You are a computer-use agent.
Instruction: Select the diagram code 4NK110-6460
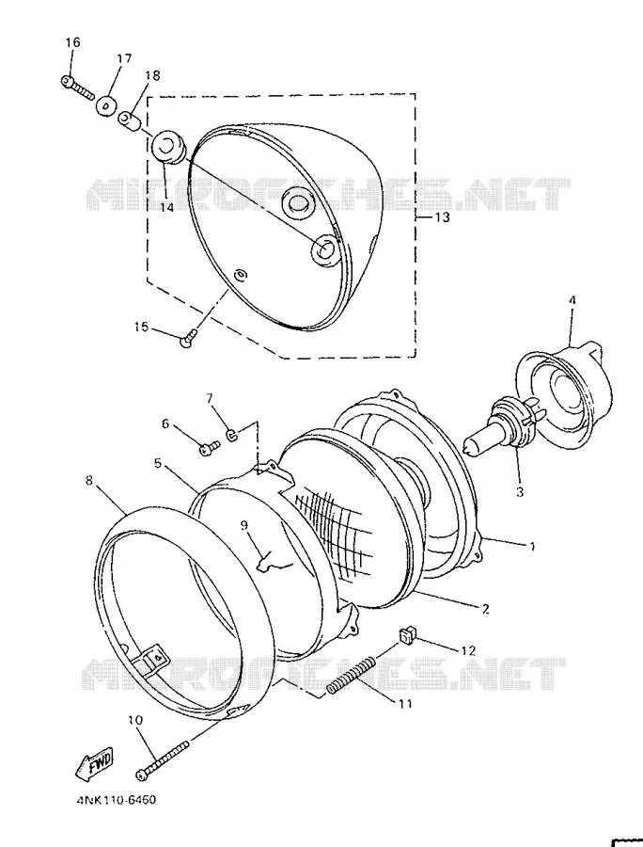coord(116,799)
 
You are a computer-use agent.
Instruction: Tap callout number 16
coord(72,42)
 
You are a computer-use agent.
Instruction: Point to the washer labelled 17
coord(106,104)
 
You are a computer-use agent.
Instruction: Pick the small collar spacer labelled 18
coord(130,120)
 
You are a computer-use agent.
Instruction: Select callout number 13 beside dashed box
coord(442,217)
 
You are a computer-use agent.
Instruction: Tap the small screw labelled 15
coord(188,339)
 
